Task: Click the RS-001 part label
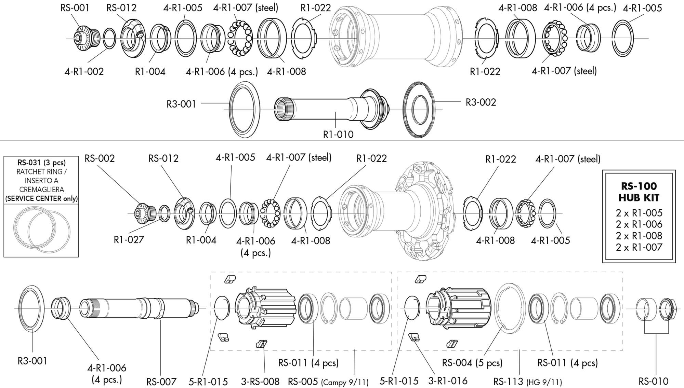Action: [x=75, y=8]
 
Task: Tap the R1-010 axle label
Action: [x=338, y=134]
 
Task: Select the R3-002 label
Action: [x=481, y=102]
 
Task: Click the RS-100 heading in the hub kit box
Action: [x=639, y=186]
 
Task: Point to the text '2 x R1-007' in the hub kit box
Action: [x=639, y=247]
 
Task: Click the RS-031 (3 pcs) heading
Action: [x=41, y=163]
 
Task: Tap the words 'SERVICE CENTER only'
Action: [x=41, y=198]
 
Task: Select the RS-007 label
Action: [x=161, y=382]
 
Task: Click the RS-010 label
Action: [x=653, y=381]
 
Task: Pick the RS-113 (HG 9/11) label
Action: [x=527, y=382]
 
